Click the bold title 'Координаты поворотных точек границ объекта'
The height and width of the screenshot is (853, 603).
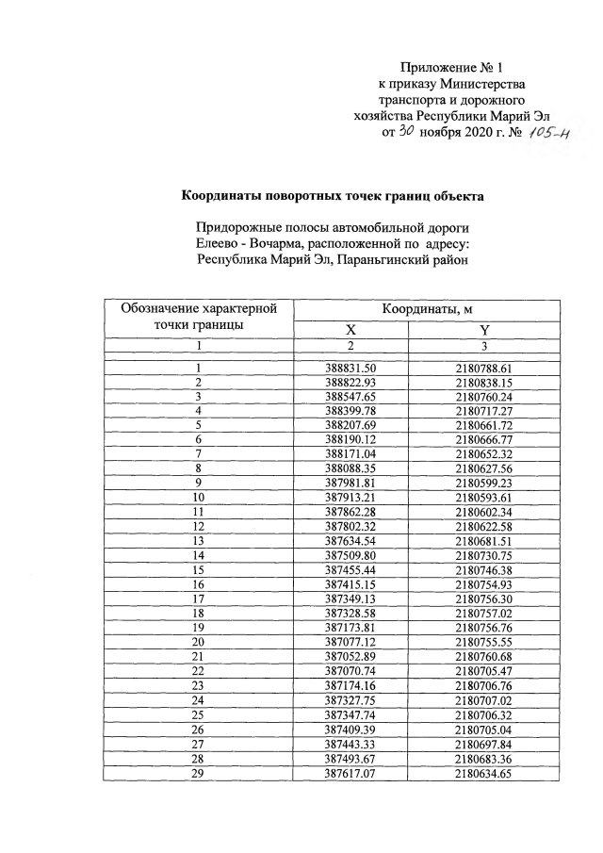click(333, 197)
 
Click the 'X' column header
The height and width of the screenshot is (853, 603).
click(350, 329)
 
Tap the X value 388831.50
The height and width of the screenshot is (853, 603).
click(350, 368)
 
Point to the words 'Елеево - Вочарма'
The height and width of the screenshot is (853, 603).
click(254, 243)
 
